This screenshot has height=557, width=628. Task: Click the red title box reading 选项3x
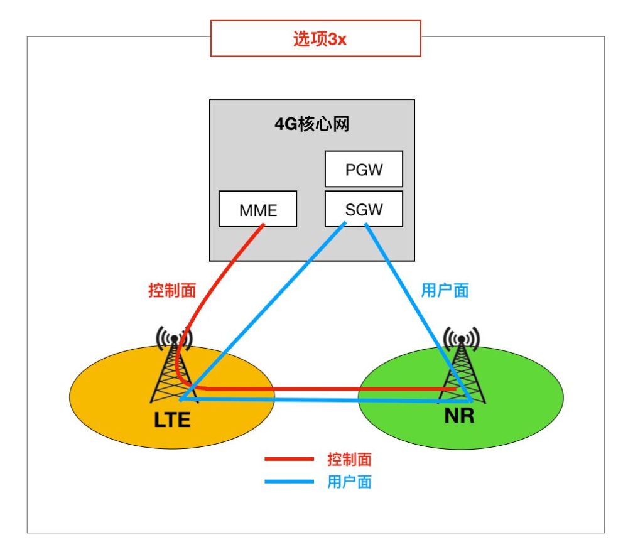(316, 38)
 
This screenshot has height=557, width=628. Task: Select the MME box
(257, 209)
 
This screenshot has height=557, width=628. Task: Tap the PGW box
(364, 169)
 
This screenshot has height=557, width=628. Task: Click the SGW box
(364, 209)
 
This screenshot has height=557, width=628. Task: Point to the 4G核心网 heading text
(312, 124)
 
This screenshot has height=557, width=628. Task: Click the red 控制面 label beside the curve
(172, 290)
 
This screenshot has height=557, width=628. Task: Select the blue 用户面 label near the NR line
(445, 290)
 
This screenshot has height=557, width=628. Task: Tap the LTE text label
(172, 420)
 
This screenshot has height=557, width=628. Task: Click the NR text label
(460, 416)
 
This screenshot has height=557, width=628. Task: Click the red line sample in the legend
(289, 459)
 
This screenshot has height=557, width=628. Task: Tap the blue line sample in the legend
(289, 482)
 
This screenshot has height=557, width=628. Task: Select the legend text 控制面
(349, 459)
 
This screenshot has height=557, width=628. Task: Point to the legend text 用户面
(349, 482)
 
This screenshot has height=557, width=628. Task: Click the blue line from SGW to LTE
(263, 311)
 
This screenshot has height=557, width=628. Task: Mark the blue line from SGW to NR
(418, 312)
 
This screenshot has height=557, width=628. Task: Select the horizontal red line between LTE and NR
(330, 389)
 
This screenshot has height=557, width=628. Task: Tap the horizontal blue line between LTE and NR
(325, 399)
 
